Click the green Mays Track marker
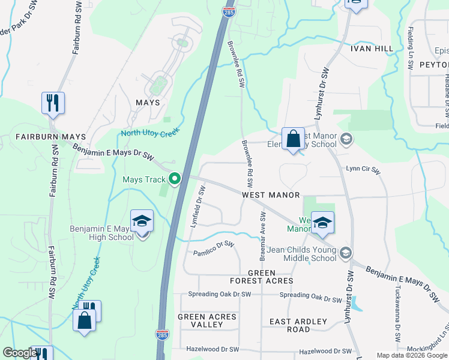click(175, 179)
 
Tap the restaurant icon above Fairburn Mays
click(53, 103)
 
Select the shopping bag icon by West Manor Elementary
click(292, 139)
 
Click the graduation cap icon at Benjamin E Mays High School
click(142, 222)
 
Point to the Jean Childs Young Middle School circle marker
click(345, 253)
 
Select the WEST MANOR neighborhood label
click(271, 195)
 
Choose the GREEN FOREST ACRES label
click(262, 276)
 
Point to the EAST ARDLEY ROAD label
click(298, 325)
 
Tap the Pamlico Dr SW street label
click(213, 249)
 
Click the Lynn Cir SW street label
click(363, 170)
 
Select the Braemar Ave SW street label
click(262, 236)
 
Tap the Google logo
click(20, 353)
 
